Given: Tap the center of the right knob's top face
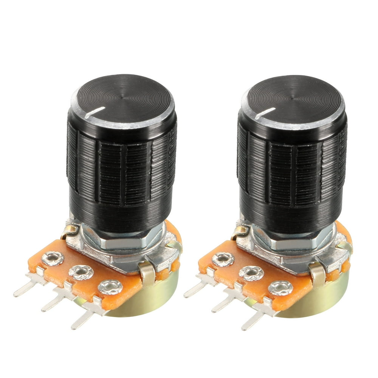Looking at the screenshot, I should [x=293, y=99].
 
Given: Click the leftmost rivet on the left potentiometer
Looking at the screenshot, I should [x=53, y=259].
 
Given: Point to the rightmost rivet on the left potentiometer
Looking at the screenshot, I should [x=110, y=287].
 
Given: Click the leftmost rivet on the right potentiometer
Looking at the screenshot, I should [x=223, y=260].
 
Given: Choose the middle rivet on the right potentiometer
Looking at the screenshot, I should [x=251, y=273].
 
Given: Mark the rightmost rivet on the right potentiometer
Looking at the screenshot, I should [x=280, y=288].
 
